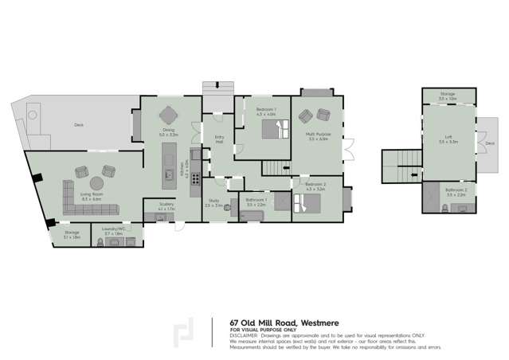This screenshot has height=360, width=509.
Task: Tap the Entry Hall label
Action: click(220, 139)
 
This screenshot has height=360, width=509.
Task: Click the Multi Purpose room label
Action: click(319, 135)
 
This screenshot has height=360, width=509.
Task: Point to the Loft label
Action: click(449, 138)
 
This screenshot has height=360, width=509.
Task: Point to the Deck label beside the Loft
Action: click(489, 143)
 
